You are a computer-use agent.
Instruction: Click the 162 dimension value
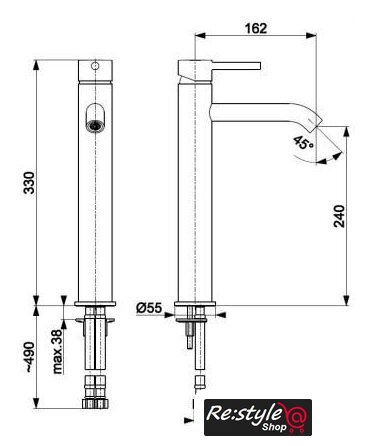click(x=256, y=28)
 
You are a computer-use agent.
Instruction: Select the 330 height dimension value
click(x=29, y=183)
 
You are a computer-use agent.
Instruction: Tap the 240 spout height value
click(x=339, y=216)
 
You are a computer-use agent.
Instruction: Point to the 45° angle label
click(x=303, y=143)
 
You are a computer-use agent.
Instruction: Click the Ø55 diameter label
click(x=149, y=308)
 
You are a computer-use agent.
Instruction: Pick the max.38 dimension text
click(x=57, y=351)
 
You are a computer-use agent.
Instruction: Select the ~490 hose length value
click(x=29, y=357)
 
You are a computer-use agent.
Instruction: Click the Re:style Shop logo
click(x=258, y=417)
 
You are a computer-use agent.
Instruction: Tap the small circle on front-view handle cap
click(x=95, y=66)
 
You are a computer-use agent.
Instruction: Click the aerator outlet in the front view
click(x=95, y=125)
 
